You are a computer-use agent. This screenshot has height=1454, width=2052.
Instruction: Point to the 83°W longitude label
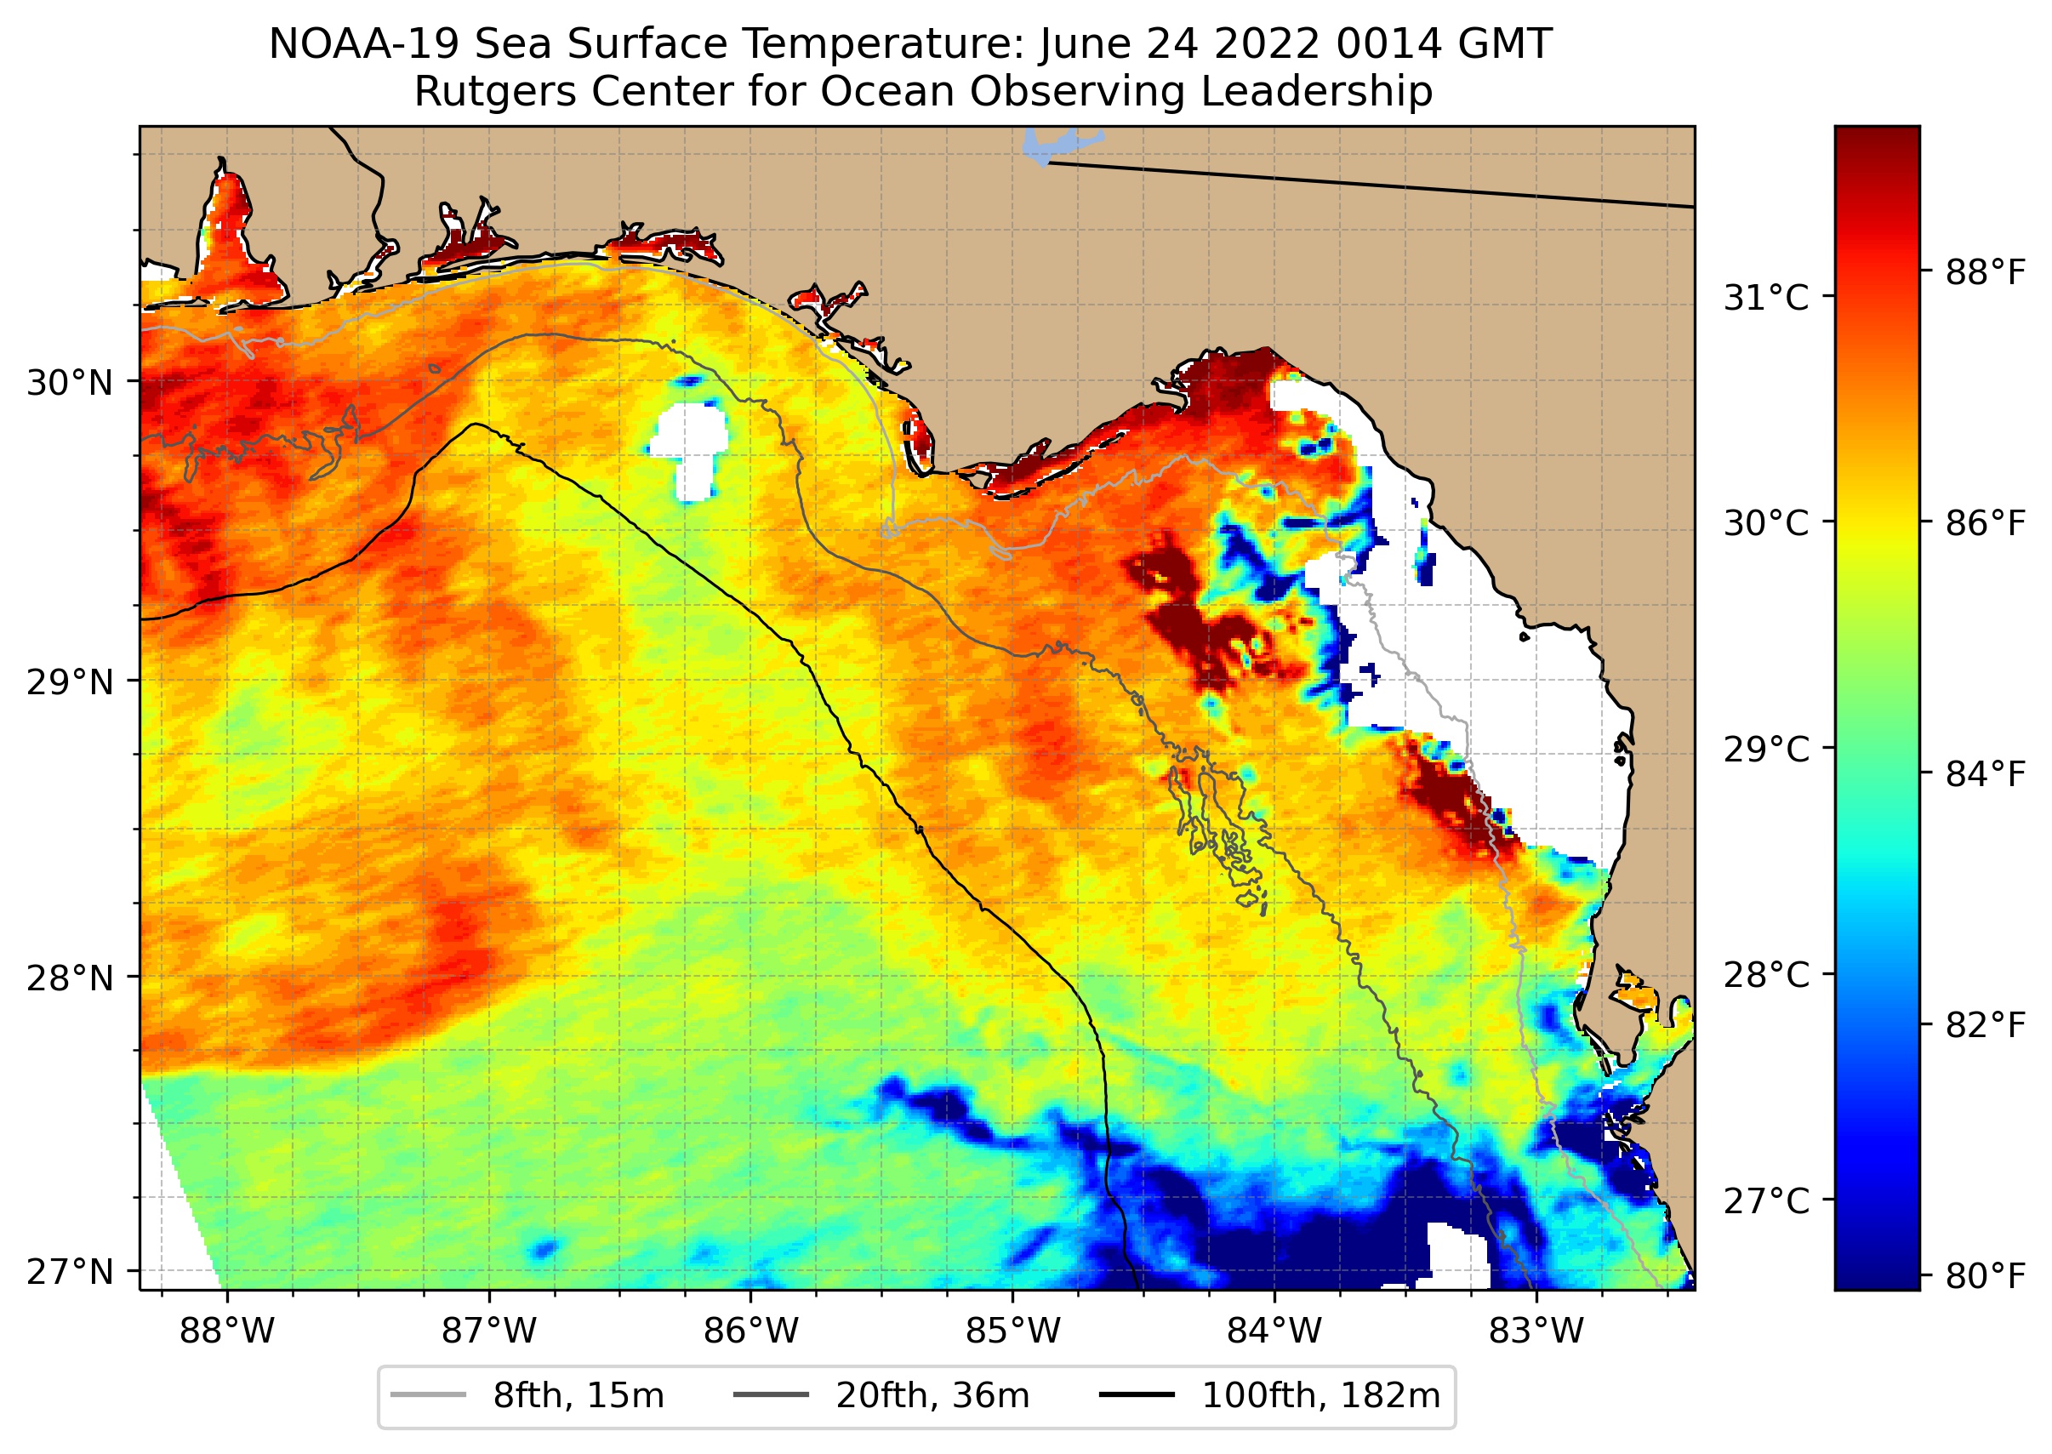[1536, 1331]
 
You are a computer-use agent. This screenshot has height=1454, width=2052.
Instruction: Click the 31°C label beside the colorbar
[1766, 297]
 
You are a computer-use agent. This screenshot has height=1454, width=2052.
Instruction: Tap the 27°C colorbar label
[1766, 1200]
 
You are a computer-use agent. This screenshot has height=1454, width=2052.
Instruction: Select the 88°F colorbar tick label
[1985, 272]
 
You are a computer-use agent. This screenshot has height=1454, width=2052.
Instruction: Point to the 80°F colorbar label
[1985, 1276]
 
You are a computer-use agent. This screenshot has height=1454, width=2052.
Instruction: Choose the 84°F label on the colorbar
[1985, 773]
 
